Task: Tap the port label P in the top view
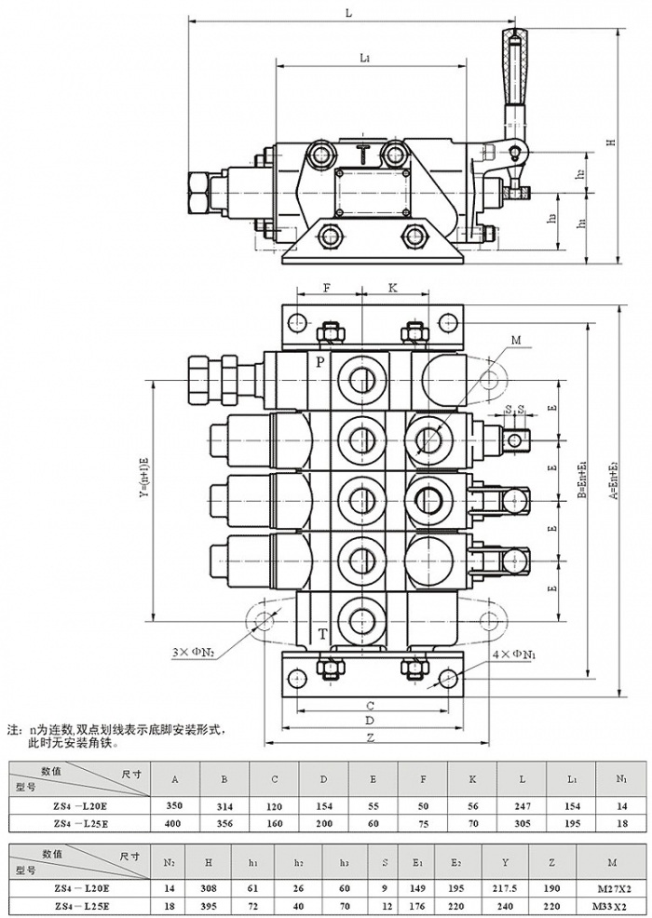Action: click(319, 361)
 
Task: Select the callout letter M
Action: click(515, 340)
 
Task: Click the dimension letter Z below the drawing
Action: click(370, 736)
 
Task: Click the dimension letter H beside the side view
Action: click(611, 142)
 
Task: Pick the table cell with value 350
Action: click(174, 804)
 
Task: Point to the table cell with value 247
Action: click(522, 804)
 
